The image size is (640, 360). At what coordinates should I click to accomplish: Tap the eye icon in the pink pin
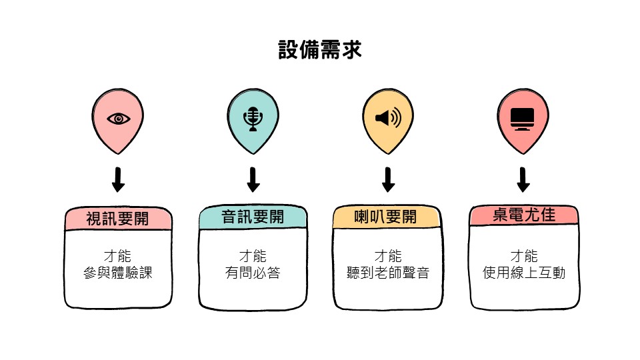119,119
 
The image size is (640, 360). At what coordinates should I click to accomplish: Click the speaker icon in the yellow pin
388,119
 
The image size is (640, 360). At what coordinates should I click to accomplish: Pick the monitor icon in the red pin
523,118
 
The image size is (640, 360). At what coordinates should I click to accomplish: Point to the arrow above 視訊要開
119,179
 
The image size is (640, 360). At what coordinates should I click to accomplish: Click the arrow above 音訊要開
253,179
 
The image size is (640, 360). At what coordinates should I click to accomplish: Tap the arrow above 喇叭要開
388,179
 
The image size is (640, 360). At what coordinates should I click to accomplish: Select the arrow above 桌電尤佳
523,179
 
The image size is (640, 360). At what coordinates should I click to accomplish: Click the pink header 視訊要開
118,219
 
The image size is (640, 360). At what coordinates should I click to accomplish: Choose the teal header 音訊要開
253,217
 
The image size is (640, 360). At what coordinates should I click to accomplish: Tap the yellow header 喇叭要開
386,217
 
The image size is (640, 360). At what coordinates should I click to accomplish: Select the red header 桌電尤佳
523,215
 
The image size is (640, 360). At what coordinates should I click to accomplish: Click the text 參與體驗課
119,273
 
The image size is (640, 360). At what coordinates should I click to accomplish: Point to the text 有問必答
253,273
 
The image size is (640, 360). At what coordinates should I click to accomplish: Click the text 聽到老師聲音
388,273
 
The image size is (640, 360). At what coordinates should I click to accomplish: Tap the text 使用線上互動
524,273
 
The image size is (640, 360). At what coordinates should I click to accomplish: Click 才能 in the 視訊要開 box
119,256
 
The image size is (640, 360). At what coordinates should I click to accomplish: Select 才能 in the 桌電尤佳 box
524,255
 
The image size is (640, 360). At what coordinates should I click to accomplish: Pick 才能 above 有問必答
253,256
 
